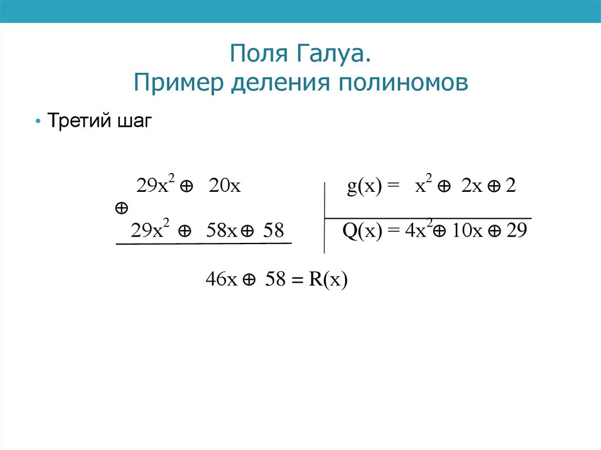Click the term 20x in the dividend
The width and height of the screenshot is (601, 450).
click(x=224, y=187)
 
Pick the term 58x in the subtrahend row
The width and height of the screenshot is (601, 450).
click(x=221, y=231)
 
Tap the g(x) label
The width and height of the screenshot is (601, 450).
click(x=364, y=187)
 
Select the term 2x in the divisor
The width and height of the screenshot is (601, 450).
click(x=471, y=187)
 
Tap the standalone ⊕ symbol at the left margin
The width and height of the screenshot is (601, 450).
click(x=121, y=208)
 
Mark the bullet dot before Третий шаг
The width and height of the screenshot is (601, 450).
click(x=38, y=123)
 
